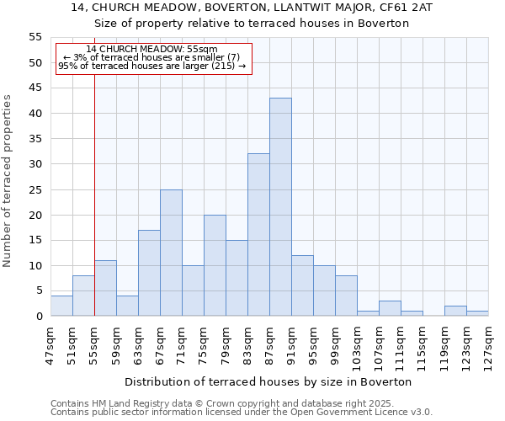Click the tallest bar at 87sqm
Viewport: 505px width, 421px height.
(280, 207)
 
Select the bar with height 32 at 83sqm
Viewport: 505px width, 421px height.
(258, 235)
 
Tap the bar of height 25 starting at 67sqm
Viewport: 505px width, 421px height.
(171, 253)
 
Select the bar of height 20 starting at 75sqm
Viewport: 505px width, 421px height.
(215, 265)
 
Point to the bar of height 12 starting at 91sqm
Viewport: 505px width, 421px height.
(302, 285)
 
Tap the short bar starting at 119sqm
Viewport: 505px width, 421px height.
(455, 311)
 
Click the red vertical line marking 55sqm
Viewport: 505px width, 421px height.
(94, 194)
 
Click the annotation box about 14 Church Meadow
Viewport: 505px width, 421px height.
(152, 57)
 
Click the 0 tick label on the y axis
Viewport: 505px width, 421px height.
(38, 317)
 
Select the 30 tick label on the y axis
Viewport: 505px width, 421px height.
(35, 164)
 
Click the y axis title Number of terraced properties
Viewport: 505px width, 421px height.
(8, 181)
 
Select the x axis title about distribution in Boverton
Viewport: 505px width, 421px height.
(274, 381)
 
